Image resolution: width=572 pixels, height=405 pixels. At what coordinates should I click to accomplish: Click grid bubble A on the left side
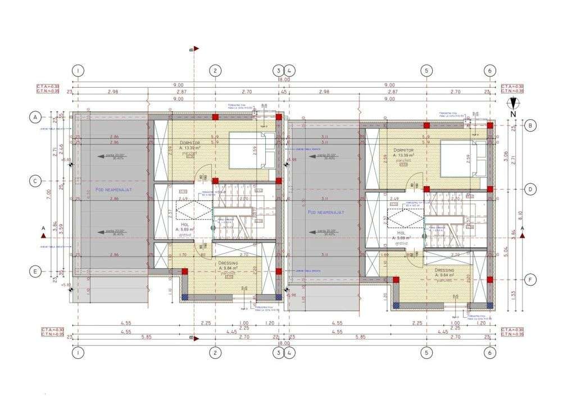pos(35,117)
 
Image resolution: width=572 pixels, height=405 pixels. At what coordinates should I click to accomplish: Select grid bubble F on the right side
pos(530,280)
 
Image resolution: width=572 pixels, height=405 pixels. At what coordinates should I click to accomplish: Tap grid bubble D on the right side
pos(530,190)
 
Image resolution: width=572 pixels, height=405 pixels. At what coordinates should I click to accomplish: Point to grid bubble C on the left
pos(35,181)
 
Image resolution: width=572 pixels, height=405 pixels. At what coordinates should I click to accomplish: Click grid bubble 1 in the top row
pos(78,70)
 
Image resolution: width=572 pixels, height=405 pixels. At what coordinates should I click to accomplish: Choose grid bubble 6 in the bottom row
pos(490,352)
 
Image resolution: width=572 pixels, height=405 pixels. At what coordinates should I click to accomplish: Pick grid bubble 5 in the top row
pos(427,70)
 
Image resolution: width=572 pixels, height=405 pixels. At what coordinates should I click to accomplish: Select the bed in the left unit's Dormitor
pos(252,150)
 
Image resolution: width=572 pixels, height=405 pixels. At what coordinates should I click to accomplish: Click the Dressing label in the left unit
pos(229,263)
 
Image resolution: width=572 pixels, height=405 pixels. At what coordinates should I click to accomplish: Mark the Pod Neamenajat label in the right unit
pos(325,212)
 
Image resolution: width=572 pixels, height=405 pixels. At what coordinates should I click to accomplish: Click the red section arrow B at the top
pos(194,49)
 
